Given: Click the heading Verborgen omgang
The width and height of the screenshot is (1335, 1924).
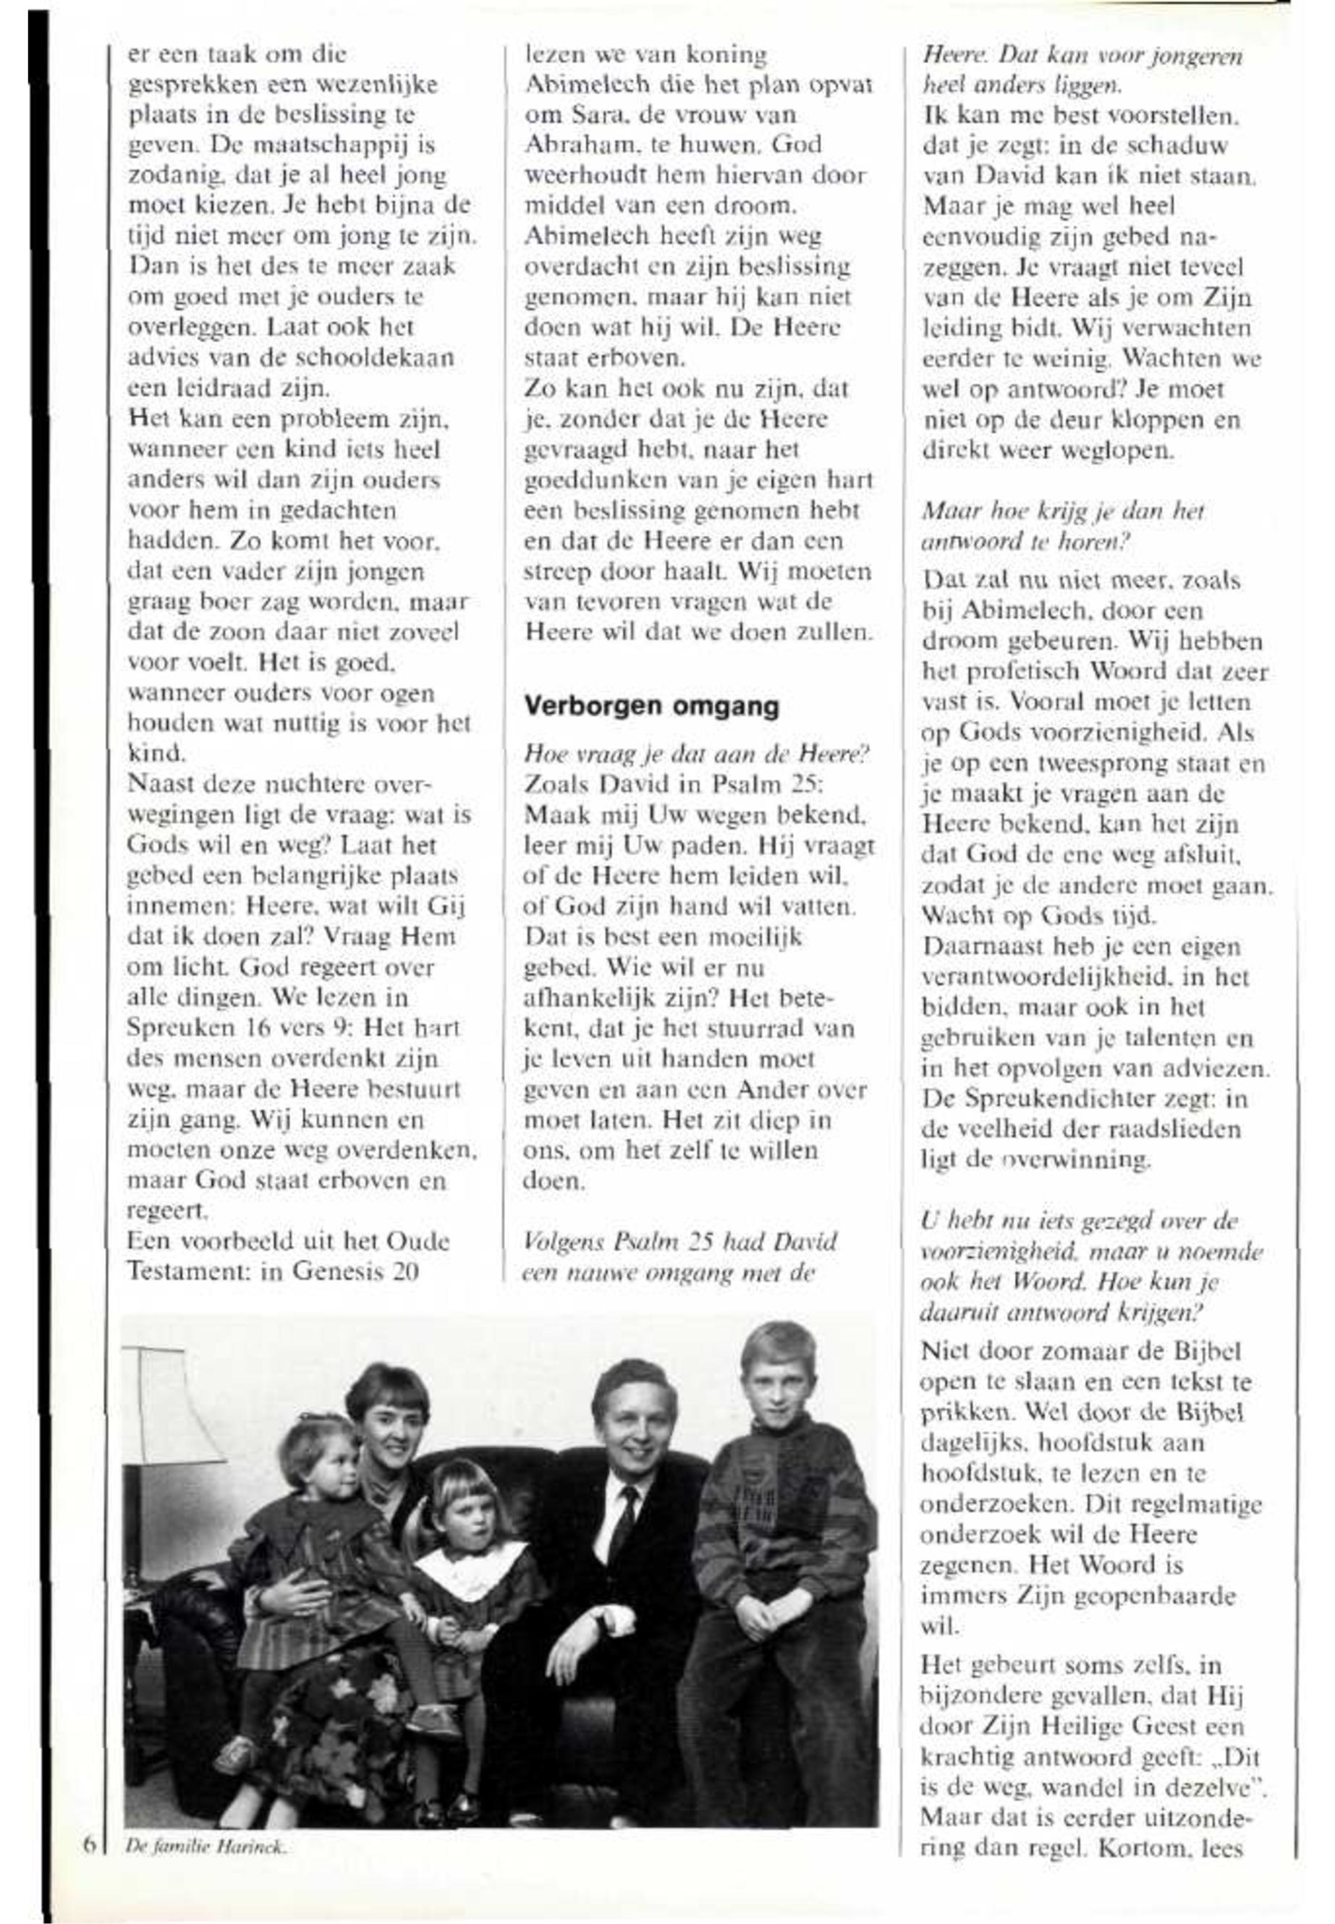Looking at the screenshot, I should pos(650,707).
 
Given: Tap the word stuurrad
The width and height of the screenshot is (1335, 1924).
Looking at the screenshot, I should pos(745,1028).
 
